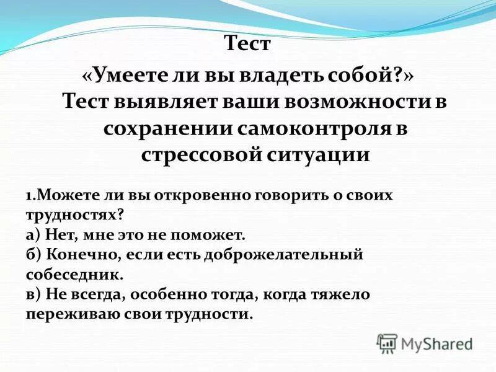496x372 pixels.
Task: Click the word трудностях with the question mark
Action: [74, 215]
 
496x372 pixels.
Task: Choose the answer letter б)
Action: [33, 255]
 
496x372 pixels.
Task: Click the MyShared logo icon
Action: [387, 342]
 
